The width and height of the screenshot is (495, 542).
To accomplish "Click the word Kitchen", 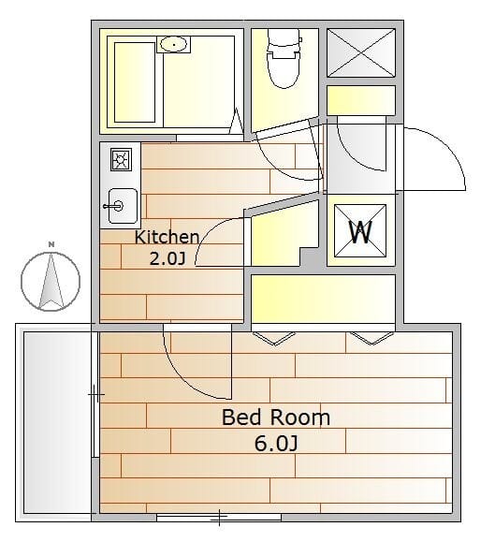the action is point(167,237).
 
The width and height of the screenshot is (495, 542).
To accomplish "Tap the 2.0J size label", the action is point(167,258).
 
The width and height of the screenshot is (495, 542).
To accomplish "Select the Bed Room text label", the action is point(276,417).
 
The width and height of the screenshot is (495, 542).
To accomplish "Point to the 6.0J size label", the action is point(276,444).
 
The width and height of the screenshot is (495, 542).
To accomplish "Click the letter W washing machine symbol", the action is point(360,231).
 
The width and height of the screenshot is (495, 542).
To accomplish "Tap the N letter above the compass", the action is point(51,244).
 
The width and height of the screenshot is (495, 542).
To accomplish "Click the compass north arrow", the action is point(51,281).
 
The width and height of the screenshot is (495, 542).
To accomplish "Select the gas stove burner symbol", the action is point(121,159).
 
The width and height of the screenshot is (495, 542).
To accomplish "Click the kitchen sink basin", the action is point(123,206).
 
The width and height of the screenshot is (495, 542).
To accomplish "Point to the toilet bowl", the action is point(284,57).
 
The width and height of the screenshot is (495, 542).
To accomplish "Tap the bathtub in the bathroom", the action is point(135,82).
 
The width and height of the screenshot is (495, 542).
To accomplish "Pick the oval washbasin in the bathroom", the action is point(174,44).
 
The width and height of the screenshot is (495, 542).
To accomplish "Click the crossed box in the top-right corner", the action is point(361,52).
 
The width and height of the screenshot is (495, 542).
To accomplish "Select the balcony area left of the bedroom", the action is point(57,422).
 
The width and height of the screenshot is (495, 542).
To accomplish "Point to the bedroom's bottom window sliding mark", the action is point(220,518).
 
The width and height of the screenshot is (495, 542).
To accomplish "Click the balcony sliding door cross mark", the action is point(96,394).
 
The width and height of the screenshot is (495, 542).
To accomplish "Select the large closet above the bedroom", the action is point(323,299).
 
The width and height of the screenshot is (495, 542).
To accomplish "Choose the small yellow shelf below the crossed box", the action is point(361,100).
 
